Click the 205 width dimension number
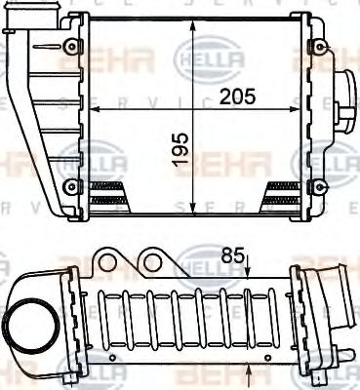pos(239,97)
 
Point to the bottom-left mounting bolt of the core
pos(66,184)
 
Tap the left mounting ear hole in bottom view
pos(107,262)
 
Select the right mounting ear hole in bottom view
pos(152,262)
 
